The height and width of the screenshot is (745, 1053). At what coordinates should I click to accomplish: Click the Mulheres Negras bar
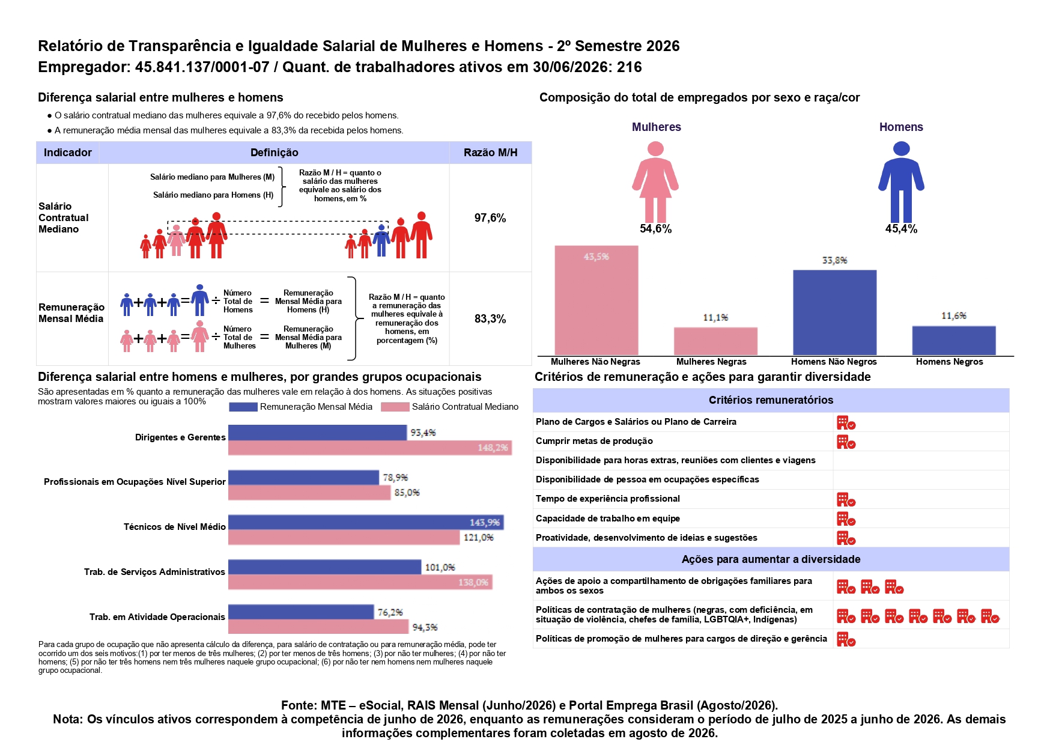click(x=715, y=341)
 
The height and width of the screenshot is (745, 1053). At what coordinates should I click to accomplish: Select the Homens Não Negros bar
click(x=834, y=312)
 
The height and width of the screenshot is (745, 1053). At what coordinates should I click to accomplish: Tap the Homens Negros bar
click(x=954, y=341)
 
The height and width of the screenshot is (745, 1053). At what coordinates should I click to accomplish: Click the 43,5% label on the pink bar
click(x=596, y=257)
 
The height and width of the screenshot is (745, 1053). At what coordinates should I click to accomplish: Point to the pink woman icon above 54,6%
click(x=655, y=181)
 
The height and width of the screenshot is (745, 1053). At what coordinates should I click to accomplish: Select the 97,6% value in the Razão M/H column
click(x=490, y=217)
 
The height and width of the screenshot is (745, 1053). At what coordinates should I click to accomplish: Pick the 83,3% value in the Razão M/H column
click(x=490, y=318)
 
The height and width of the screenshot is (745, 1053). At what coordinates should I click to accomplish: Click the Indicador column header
click(x=68, y=153)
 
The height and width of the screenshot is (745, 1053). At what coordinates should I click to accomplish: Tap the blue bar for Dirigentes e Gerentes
click(x=317, y=433)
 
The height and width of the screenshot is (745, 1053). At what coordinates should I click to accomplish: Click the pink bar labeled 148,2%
click(x=370, y=448)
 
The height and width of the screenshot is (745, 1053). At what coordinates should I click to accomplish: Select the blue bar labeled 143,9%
click(x=366, y=522)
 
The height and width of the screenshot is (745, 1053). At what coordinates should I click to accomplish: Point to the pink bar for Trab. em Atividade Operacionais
click(x=318, y=627)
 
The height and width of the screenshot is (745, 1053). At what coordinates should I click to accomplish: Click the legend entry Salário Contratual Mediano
click(x=450, y=407)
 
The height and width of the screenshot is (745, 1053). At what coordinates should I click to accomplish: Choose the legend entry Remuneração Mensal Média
click(x=301, y=407)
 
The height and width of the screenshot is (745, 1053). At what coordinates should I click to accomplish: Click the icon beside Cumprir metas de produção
click(x=846, y=442)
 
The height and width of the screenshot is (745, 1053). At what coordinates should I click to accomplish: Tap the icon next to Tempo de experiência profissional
click(x=846, y=500)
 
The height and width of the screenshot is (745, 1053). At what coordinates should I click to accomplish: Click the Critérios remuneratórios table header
click(x=771, y=400)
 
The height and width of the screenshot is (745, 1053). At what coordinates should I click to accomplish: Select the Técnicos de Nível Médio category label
click(x=175, y=527)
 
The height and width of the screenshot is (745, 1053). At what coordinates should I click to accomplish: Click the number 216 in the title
click(x=630, y=67)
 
